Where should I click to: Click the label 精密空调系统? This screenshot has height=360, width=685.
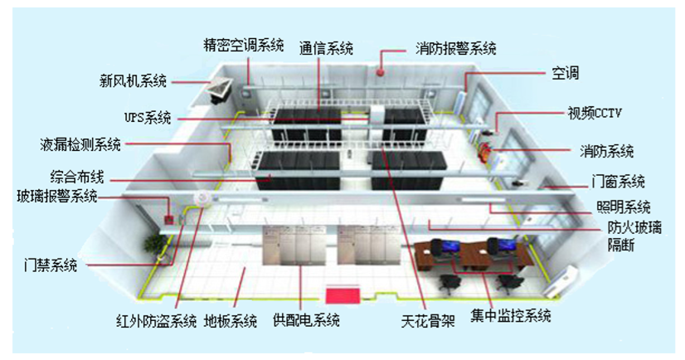click(x=244, y=44)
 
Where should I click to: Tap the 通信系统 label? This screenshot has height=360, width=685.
click(x=326, y=48)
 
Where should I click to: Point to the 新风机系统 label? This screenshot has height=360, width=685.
click(x=133, y=81)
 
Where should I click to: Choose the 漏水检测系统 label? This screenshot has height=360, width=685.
click(x=80, y=145)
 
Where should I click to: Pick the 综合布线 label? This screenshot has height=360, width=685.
click(x=74, y=176)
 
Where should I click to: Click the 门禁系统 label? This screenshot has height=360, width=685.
click(x=49, y=265)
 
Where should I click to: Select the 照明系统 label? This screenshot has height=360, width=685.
click(x=623, y=207)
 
